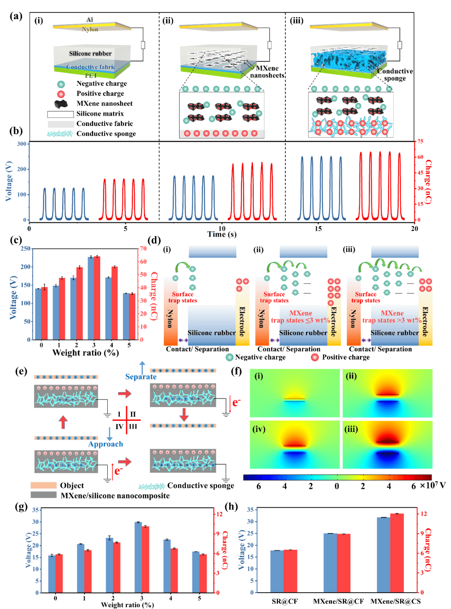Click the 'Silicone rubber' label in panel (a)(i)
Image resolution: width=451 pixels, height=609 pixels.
pos(90,53)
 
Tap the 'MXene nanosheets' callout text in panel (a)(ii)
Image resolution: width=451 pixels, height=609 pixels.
pos(267,72)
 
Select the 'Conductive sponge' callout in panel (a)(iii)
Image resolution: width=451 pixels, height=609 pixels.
pos(395,75)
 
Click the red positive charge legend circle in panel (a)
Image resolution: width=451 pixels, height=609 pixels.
pos(61,94)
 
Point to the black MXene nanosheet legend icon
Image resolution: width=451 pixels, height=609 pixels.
pos(61,104)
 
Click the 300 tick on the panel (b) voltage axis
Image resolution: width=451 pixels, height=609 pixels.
pos(22,144)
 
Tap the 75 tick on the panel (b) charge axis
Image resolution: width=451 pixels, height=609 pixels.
pos(420,141)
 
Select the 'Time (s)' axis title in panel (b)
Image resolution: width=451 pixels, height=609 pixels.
pos(222,234)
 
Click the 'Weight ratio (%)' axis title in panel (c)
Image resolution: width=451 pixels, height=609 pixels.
pos(86,353)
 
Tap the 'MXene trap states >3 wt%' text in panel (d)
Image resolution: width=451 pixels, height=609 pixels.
pos(392,317)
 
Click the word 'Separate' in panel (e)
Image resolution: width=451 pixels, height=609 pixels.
pos(141,377)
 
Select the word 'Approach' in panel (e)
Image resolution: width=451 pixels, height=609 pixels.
pos(106,444)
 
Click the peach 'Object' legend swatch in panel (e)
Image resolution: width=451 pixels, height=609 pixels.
pos(43,486)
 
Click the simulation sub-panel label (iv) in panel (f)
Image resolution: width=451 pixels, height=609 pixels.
pos(259,429)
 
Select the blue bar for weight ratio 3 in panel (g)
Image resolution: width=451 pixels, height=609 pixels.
pos(138,557)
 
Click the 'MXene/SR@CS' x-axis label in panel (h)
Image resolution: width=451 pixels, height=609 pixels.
pos(395,601)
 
